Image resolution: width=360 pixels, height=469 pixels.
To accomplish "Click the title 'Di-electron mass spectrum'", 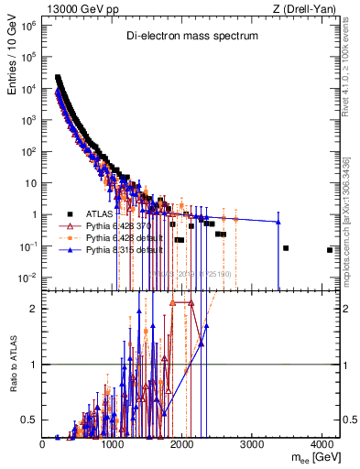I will coord(192,36).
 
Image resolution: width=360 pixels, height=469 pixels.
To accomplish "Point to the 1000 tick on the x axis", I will coord(113,444).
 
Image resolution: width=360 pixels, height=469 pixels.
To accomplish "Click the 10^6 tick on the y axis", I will coord(29,26).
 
